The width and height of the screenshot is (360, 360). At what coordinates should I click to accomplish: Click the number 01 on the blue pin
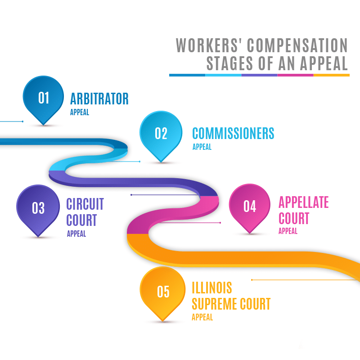[44, 98]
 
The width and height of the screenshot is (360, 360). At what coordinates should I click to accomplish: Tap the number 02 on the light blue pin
[161, 134]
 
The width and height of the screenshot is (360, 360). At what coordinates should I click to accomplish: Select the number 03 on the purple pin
[38, 208]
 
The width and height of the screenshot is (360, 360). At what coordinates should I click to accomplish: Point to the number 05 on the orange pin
[163, 292]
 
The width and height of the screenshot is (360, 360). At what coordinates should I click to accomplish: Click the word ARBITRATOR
[99, 99]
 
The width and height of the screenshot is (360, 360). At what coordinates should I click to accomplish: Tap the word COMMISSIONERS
[233, 134]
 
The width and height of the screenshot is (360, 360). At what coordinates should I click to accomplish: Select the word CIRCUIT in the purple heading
[85, 204]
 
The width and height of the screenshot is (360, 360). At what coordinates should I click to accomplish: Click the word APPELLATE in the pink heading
[304, 202]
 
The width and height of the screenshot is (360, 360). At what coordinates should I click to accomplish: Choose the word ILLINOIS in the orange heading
[212, 287]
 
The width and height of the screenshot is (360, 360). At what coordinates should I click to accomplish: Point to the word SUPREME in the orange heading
[214, 304]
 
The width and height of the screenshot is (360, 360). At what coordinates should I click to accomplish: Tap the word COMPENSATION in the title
[297, 45]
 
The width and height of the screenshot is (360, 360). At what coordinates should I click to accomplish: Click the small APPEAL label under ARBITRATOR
[80, 112]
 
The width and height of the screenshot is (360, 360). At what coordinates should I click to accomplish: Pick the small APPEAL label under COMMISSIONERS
[202, 147]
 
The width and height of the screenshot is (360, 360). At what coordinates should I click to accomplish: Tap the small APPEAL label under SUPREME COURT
[202, 317]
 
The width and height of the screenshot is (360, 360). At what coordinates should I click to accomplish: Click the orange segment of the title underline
[332, 75]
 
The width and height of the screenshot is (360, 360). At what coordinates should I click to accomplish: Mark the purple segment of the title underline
[259, 75]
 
